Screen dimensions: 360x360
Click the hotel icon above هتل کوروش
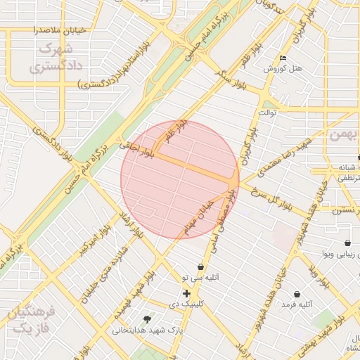point(283,58)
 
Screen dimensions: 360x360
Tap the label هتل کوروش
point(283,70)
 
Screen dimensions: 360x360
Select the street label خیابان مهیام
point(198,219)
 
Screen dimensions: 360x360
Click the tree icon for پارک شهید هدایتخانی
point(146,319)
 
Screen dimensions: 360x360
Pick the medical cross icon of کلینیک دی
point(186,293)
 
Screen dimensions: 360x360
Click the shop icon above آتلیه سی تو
point(201,266)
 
